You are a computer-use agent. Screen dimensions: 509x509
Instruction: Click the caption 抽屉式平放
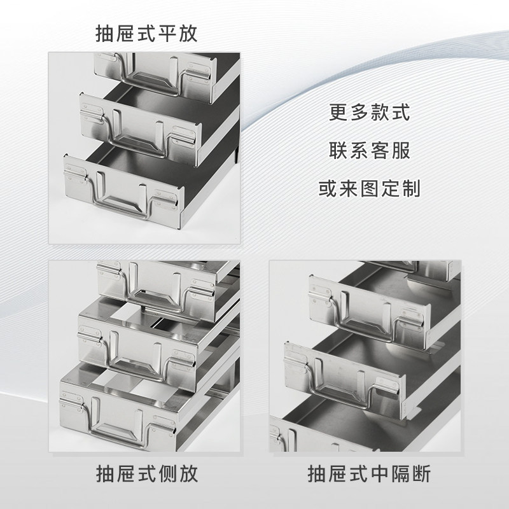pyautogui.click(x=146, y=34)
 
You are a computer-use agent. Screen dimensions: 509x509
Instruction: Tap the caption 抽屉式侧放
pyautogui.click(x=147, y=473)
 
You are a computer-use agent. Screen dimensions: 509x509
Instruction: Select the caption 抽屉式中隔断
pyautogui.click(x=369, y=473)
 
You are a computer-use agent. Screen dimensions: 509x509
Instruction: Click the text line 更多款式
pyautogui.click(x=370, y=113)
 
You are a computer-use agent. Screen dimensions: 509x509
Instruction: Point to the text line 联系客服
pyautogui.click(x=370, y=150)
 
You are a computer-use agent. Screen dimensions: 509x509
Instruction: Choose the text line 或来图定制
pyautogui.click(x=370, y=188)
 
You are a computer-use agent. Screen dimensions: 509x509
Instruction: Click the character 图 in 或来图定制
pyautogui.click(x=370, y=188)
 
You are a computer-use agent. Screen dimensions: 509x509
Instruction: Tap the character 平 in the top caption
pyautogui.click(x=167, y=34)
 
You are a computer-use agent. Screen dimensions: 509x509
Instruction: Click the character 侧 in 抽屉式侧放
pyautogui.click(x=167, y=473)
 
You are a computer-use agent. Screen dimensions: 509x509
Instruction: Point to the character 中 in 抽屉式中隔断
pyautogui.click(x=380, y=473)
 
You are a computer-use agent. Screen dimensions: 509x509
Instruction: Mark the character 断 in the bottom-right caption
pyautogui.click(x=422, y=473)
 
